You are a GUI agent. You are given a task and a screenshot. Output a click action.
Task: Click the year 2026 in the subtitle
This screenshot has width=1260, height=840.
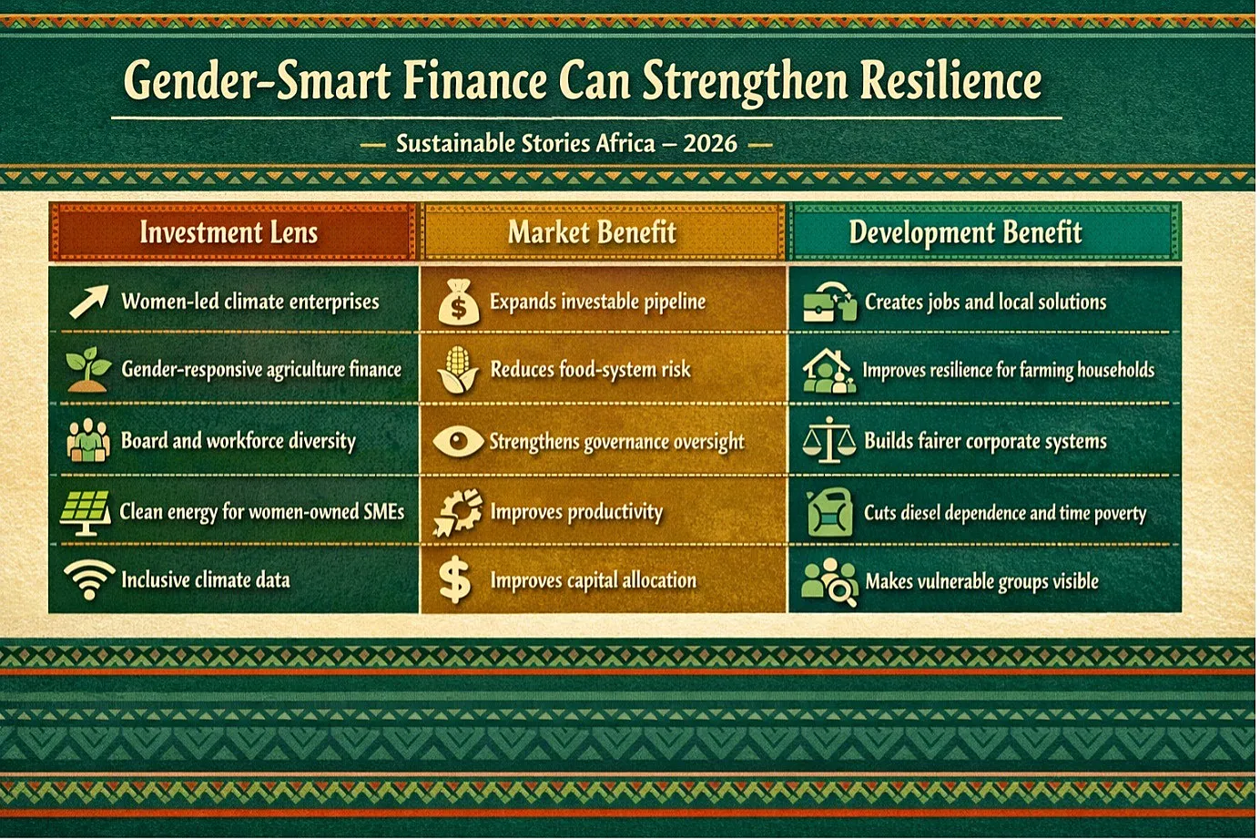click(x=710, y=144)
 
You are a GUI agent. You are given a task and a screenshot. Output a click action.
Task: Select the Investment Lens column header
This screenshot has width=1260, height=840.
click(x=229, y=232)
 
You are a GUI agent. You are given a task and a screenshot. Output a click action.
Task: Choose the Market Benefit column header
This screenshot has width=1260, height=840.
click(x=592, y=232)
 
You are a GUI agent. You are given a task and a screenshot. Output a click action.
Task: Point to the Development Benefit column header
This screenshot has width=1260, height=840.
click(x=965, y=232)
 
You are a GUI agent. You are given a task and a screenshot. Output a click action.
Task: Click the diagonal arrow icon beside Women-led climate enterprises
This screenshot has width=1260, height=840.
click(x=89, y=302)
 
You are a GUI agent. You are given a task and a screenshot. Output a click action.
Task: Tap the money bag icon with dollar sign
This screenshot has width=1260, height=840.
click(x=459, y=302)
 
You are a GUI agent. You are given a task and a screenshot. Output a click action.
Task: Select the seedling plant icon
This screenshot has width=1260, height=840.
click(x=88, y=369)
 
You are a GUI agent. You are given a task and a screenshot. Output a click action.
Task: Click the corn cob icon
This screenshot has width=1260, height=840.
click(x=458, y=370)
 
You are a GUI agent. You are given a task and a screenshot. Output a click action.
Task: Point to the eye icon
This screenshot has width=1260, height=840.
click(x=458, y=441)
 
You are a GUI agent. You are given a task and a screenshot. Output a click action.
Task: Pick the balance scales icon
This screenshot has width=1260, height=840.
click(x=829, y=440)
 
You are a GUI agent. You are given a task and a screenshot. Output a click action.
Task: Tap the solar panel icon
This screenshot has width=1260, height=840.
click(x=86, y=512)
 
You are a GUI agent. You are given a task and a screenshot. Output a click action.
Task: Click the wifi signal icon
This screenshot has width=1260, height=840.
click(x=89, y=580)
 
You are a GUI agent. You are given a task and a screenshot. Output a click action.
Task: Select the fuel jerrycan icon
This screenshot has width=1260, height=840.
click(x=829, y=512)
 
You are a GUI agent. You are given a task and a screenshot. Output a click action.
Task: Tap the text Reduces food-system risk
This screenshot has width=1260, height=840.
click(x=590, y=370)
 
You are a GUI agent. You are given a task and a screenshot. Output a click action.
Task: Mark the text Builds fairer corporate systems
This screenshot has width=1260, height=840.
click(x=985, y=441)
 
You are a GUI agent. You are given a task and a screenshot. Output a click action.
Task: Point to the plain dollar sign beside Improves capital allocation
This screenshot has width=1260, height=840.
click(x=454, y=580)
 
